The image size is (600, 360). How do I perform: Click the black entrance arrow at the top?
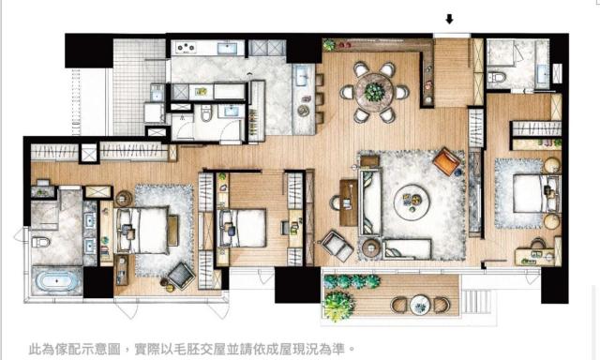click(x=450, y=19)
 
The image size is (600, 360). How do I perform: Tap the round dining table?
click(x=374, y=92)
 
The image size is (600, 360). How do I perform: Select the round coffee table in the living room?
click(x=412, y=202)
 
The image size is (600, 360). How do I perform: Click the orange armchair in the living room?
click(x=446, y=161)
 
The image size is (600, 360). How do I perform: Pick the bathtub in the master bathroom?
click(x=57, y=282)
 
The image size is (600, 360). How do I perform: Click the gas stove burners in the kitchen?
click(x=186, y=48)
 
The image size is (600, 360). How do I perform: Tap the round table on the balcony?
click(x=420, y=305)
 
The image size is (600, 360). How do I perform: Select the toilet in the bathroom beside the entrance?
click(x=497, y=77)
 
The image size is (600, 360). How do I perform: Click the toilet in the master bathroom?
click(x=40, y=242)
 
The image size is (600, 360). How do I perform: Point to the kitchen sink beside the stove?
click(x=227, y=48)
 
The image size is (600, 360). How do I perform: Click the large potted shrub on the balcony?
click(x=337, y=305)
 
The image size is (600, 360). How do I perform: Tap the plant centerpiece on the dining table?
click(x=374, y=92)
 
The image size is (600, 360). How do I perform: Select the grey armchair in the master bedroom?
click(x=181, y=276)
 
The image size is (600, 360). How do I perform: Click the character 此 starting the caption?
click(x=35, y=349)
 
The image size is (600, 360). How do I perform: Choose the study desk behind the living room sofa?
click(x=348, y=202)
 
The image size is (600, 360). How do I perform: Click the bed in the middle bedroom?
click(x=242, y=229)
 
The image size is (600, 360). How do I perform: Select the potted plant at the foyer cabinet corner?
click(x=329, y=45)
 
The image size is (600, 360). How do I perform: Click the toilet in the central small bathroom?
click(x=206, y=112)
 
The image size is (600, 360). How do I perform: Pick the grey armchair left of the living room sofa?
click(x=337, y=246)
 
